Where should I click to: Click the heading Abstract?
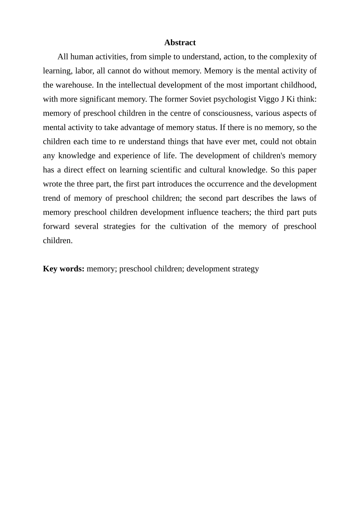coord(180,42)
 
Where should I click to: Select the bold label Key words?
coord(63,269)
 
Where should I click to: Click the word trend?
coord(51,198)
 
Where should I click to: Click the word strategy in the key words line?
coord(246,269)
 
